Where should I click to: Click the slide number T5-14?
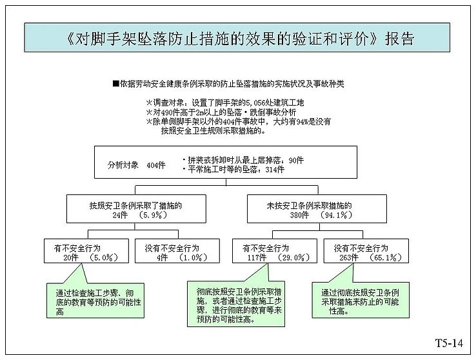[449, 343]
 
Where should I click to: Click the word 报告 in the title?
[399, 39]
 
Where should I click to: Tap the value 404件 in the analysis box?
[156, 165]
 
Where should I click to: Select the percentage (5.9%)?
[153, 215]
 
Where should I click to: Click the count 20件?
[71, 257]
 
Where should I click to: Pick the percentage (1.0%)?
[193, 257]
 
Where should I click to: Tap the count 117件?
[257, 257]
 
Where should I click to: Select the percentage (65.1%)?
[386, 257]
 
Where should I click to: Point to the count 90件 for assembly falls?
[296, 160]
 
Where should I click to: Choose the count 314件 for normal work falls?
[275, 170]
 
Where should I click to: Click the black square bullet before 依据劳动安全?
[115, 83]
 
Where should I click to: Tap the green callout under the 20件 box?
[95, 301]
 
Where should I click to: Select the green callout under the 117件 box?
[236, 304]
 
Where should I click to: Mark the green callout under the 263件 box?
[361, 300]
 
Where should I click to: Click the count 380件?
[299, 215]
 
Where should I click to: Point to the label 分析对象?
[123, 165]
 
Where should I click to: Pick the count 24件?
[120, 215]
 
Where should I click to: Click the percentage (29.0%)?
[294, 257]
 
